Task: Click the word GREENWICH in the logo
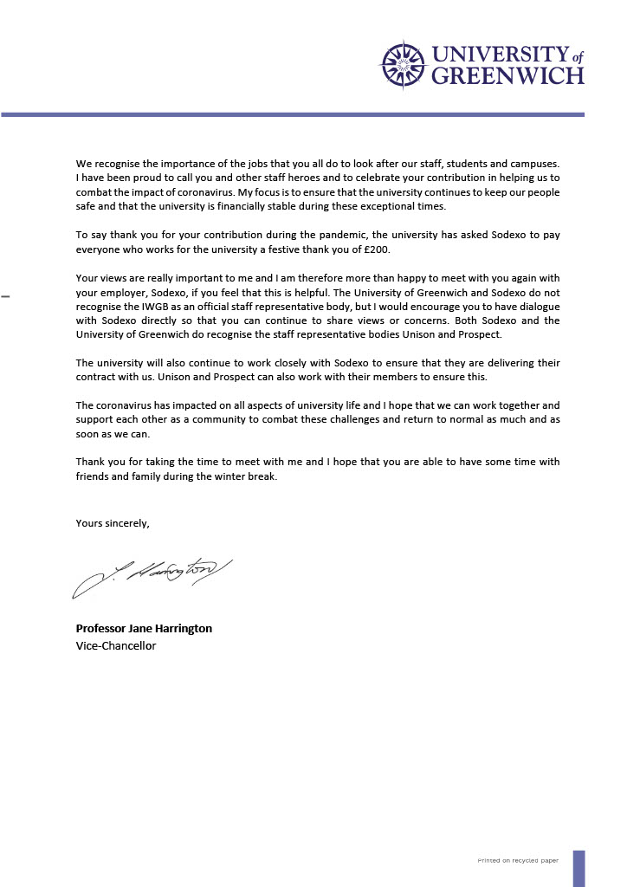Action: tap(507, 76)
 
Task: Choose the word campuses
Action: tap(533, 164)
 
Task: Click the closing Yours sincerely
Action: tap(113, 522)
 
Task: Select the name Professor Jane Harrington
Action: tap(144, 628)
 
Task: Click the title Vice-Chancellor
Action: tap(116, 645)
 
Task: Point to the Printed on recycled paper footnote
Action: tap(518, 861)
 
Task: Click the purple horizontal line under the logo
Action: tap(293, 114)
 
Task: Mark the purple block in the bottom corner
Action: tap(579, 867)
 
